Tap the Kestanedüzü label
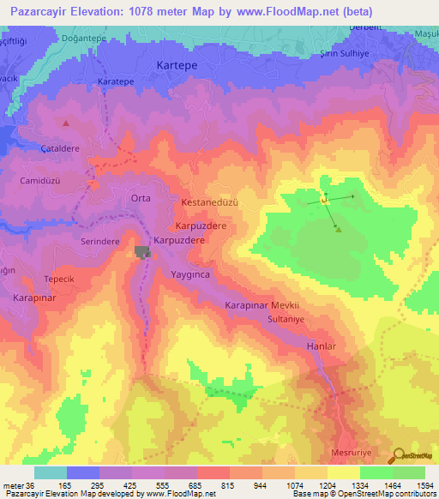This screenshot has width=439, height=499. point(208,202)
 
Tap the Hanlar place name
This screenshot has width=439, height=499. point(320,346)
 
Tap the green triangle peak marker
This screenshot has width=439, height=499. point(339,229)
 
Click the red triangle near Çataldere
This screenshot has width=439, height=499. point(65,123)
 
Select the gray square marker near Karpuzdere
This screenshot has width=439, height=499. point(141,251)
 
